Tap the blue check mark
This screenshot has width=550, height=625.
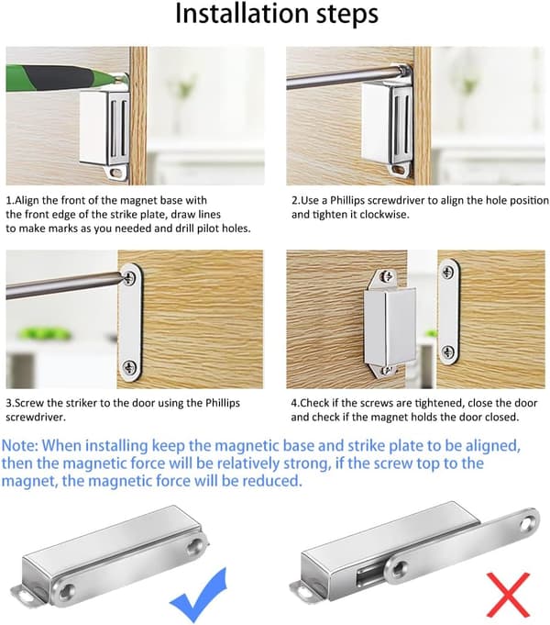[199, 595]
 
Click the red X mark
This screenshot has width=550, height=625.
[508, 594]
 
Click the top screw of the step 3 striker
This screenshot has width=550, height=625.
[129, 276]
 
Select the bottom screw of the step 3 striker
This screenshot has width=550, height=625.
[129, 367]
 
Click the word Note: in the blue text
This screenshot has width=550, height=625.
[20, 445]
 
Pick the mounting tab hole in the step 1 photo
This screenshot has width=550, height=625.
[116, 173]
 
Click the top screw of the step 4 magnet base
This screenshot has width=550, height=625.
[386, 275]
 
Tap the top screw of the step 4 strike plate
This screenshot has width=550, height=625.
[447, 273]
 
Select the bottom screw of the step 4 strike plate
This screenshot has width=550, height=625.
[448, 352]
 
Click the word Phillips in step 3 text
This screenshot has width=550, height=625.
[223, 403]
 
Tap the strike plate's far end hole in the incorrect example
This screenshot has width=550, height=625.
[529, 522]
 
